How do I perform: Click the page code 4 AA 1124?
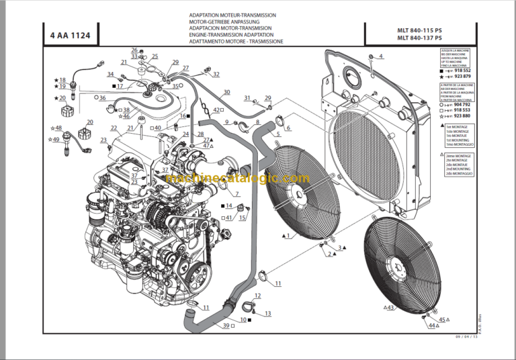pos(71,35)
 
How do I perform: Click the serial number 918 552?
pos(462,70)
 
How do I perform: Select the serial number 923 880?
pos(462,116)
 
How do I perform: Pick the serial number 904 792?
pos(462,104)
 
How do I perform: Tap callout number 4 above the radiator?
pos(381,56)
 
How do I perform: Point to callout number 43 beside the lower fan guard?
pos(390,308)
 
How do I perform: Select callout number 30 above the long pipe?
pos(226,92)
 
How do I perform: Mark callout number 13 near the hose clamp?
pos(267,314)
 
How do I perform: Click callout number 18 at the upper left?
pos(62,79)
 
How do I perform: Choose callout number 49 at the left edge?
pos(56,140)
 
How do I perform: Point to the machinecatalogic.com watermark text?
pos(238,179)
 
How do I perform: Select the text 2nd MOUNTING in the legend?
pos(458,170)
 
